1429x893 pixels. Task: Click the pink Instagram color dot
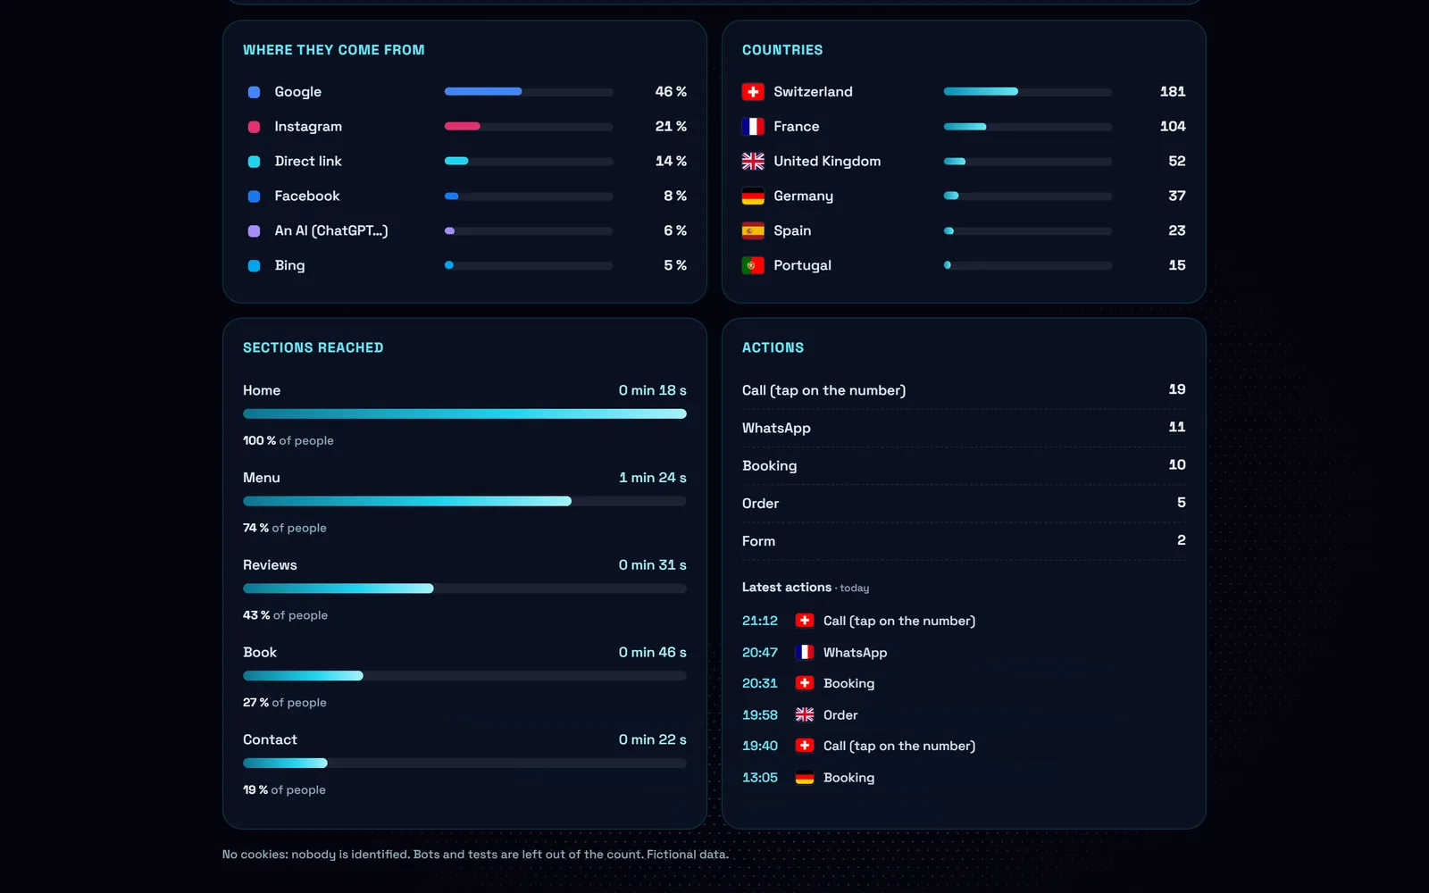[x=254, y=126]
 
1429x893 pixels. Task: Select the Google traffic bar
[x=528, y=91]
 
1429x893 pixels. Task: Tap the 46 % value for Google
[x=671, y=91]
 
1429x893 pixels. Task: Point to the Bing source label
[x=289, y=265]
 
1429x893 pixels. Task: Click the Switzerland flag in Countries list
[x=753, y=91]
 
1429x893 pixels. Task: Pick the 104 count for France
[x=1173, y=126]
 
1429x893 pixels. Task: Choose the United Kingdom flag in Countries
[x=753, y=161]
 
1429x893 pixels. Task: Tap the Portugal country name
[x=802, y=265]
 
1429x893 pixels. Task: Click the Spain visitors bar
[x=1027, y=231]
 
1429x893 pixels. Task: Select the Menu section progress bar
[x=464, y=501]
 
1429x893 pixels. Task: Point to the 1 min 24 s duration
[x=653, y=477]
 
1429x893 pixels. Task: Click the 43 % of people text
[x=285, y=615]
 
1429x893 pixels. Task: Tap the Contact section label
[x=270, y=739]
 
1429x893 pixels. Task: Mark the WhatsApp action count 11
[x=1177, y=427]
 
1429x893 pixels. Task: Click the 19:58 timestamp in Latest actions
[x=760, y=715]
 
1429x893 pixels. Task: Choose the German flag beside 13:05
[x=805, y=778]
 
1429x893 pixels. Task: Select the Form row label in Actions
[x=758, y=541]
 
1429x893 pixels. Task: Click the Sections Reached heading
[x=313, y=347]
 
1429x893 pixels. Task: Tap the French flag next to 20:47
[x=805, y=652]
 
